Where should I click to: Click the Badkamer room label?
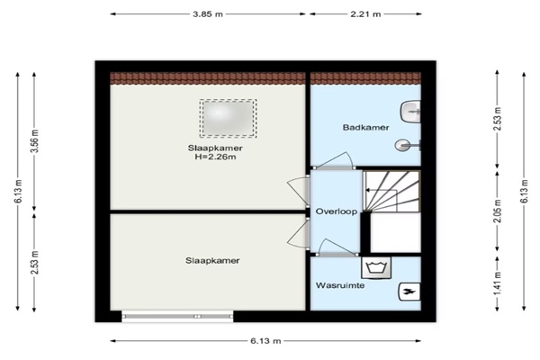(365, 128)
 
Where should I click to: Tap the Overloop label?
(337, 211)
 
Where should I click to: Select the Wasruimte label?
(340, 285)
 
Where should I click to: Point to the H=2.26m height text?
(215, 157)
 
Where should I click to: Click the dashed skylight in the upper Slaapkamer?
(228, 118)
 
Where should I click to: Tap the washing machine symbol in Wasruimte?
(376, 267)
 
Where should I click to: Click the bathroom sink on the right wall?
(410, 112)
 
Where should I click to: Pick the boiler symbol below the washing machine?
(409, 292)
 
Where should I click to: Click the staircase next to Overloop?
(391, 192)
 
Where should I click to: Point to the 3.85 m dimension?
(208, 14)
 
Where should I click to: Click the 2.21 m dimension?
(365, 14)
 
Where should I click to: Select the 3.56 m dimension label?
(35, 141)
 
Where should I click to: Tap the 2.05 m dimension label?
(499, 211)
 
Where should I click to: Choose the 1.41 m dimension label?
(499, 283)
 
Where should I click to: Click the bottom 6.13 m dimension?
(265, 341)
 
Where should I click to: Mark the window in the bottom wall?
(177, 316)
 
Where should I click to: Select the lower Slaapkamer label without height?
(212, 261)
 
